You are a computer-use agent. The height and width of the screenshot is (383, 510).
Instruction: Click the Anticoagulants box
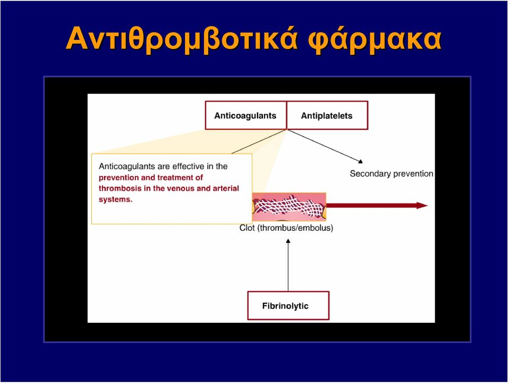click(x=246, y=115)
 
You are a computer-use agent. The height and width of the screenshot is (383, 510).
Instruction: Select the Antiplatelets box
click(x=327, y=115)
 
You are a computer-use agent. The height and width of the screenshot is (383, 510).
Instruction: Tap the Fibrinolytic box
click(x=288, y=305)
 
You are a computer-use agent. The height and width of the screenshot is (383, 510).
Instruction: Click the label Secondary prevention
click(x=392, y=173)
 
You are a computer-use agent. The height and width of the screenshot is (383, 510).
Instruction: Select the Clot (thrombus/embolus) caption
click(x=286, y=228)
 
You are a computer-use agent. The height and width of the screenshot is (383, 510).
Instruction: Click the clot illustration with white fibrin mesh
click(x=289, y=207)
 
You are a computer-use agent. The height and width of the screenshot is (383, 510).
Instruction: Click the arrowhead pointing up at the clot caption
click(x=288, y=241)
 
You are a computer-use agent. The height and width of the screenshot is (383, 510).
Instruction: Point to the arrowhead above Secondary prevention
click(x=360, y=161)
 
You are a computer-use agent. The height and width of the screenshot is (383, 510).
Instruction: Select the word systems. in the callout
click(x=115, y=199)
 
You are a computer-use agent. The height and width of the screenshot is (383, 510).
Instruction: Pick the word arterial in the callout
click(x=226, y=188)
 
